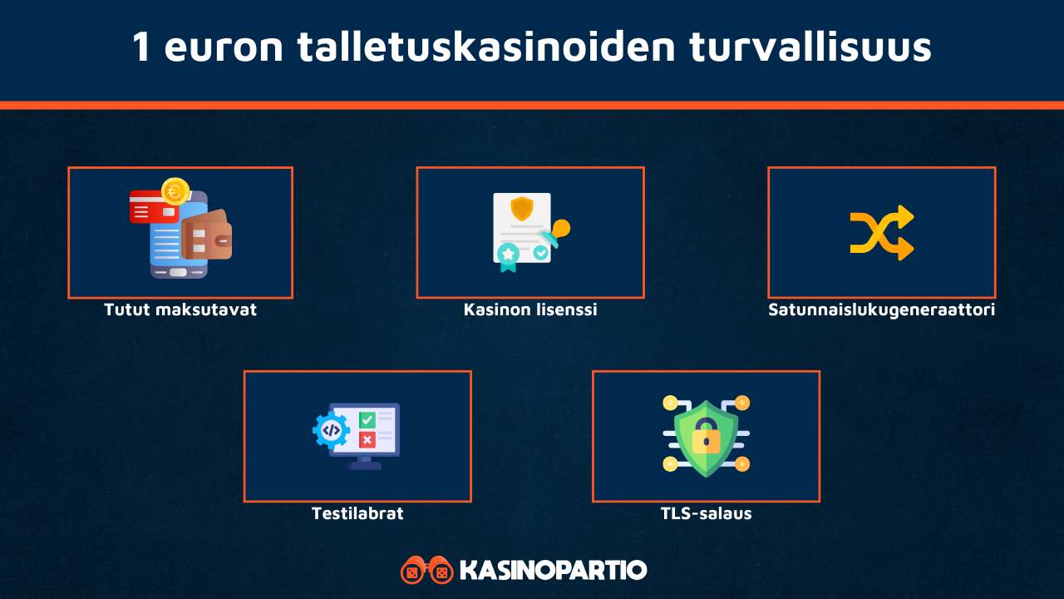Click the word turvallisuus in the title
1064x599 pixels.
[x=810, y=47]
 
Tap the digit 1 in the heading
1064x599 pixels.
[x=142, y=47]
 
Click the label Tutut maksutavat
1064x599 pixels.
[x=180, y=309]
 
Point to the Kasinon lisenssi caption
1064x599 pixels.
[x=530, y=309]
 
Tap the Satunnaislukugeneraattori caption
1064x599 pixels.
[x=881, y=309]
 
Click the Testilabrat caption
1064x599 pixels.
[x=357, y=513]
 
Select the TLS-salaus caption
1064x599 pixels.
[x=706, y=513]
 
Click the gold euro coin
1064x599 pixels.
[x=175, y=191]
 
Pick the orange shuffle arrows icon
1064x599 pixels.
[x=881, y=233]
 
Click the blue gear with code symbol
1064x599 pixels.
[x=331, y=430]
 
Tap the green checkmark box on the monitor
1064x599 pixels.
[x=367, y=420]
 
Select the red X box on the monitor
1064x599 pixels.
[x=367, y=439]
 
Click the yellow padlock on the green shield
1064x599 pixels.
[x=706, y=438]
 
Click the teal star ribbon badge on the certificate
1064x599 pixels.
[x=507, y=255]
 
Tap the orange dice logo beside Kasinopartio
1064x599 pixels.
[x=426, y=571]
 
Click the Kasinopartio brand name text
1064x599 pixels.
[x=553, y=571]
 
